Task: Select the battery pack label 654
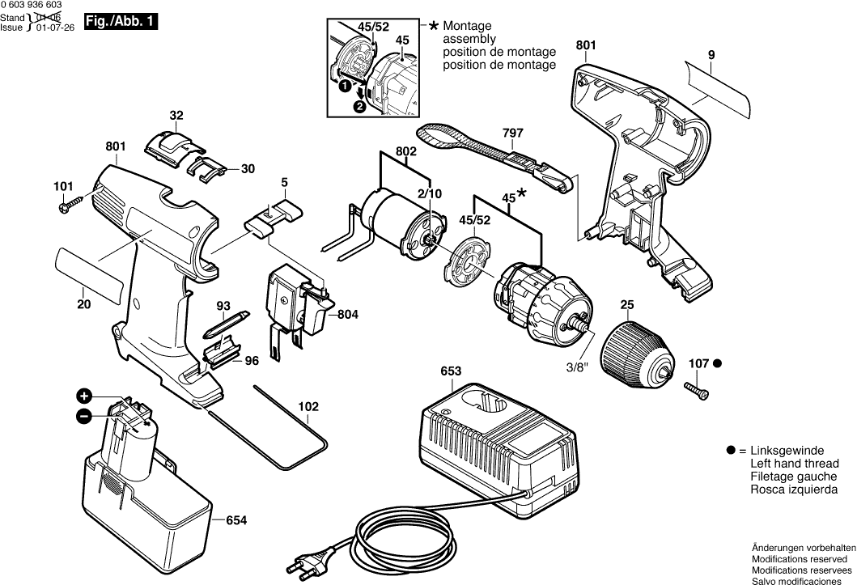(x=237, y=520)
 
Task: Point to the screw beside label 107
(x=698, y=390)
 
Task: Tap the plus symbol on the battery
(x=84, y=396)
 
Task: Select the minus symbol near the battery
(x=84, y=417)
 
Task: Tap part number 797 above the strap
(x=512, y=133)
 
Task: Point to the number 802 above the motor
(x=406, y=151)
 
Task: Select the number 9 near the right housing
(x=711, y=55)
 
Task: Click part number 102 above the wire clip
(x=308, y=406)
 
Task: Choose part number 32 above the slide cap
(x=176, y=115)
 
